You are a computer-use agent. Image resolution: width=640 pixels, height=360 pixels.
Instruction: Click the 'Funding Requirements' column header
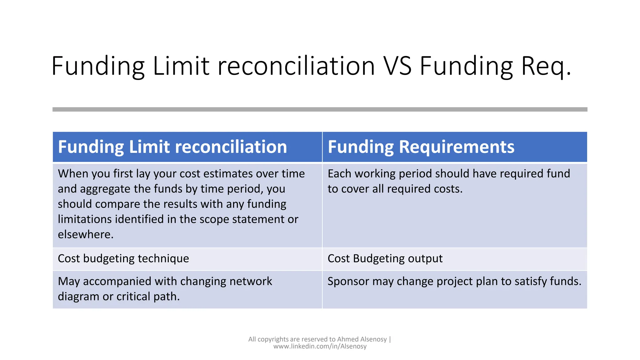[421, 147]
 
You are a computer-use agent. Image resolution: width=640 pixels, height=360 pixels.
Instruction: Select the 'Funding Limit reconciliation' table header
[172, 147]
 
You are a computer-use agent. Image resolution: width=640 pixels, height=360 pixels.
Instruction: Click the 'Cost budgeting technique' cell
[123, 258]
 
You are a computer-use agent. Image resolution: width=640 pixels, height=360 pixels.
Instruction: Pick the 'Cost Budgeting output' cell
[385, 258]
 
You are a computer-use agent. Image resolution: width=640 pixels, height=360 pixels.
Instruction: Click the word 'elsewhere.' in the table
[86, 234]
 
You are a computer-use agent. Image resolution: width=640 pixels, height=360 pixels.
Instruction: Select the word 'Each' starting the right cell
[339, 173]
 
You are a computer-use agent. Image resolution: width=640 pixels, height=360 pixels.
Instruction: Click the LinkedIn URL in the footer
[320, 346]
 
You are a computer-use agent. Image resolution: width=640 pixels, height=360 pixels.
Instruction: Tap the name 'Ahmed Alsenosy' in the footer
[362, 339]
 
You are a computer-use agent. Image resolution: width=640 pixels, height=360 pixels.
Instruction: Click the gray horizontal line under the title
[320, 109]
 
